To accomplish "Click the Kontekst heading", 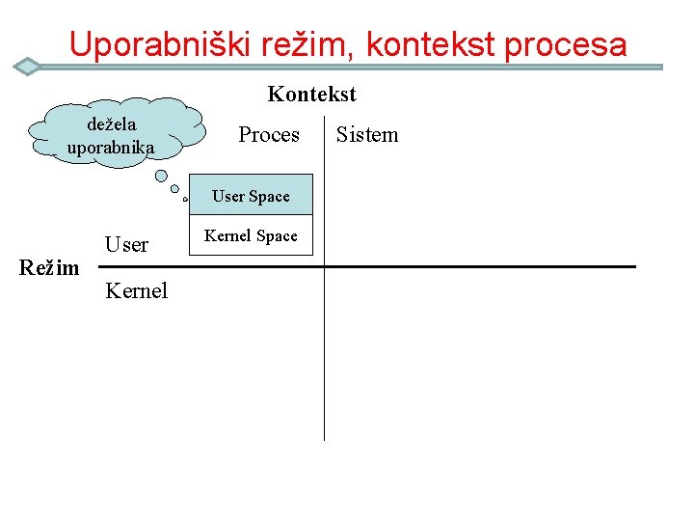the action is pyautogui.click(x=311, y=95).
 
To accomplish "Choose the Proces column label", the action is pyautogui.click(x=269, y=135).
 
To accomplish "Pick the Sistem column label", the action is pyautogui.click(x=366, y=135).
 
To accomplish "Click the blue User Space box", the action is pyautogui.click(x=251, y=194).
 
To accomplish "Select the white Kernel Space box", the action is pyautogui.click(x=251, y=235).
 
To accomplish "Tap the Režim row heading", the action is pyautogui.click(x=49, y=267).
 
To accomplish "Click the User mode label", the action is pyautogui.click(x=126, y=245).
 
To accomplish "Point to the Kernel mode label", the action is pyautogui.click(x=136, y=290).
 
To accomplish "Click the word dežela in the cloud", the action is pyautogui.click(x=112, y=124).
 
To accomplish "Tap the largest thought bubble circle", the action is pyautogui.click(x=162, y=177).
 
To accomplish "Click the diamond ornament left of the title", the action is pyautogui.click(x=29, y=67).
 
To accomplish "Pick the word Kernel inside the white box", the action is pyautogui.click(x=228, y=236).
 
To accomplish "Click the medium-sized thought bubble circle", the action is pyautogui.click(x=174, y=190).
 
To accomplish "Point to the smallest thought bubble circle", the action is pyautogui.click(x=183, y=201).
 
